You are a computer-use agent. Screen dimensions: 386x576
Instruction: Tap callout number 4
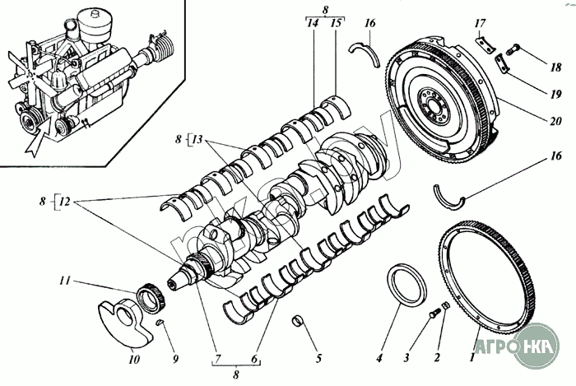[x=379, y=358]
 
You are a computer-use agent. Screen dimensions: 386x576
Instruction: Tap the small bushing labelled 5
[x=298, y=319]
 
